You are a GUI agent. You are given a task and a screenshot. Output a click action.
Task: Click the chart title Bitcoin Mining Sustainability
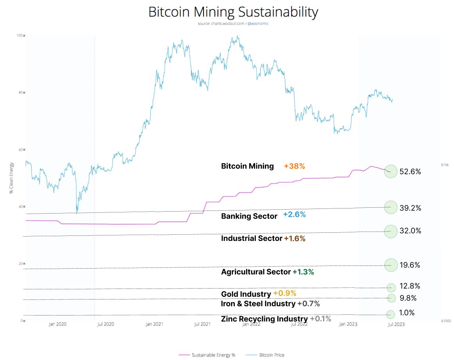(x=233, y=12)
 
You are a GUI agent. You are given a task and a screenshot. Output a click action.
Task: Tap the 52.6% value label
(x=410, y=172)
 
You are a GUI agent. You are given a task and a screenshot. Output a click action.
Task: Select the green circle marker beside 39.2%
(x=391, y=207)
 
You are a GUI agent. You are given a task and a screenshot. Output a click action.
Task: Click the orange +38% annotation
(x=294, y=166)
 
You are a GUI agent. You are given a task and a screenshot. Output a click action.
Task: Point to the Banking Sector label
(x=249, y=216)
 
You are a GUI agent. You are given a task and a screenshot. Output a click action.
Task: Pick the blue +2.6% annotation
(x=294, y=214)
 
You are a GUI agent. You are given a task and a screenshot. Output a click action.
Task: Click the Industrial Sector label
(x=252, y=239)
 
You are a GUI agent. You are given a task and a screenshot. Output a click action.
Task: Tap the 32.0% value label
(x=410, y=231)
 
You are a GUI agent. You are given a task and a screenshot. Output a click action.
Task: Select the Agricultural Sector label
(x=256, y=272)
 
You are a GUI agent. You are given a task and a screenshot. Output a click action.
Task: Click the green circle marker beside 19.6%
(x=391, y=265)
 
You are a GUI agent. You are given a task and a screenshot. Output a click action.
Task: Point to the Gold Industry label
(x=246, y=294)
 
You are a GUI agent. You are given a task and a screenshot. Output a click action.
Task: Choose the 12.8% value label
(x=410, y=286)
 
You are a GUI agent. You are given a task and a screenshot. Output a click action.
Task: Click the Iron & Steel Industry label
(x=258, y=303)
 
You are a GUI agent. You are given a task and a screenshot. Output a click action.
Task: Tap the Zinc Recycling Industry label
(x=265, y=319)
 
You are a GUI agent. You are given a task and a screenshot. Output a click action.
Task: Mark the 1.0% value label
(x=407, y=312)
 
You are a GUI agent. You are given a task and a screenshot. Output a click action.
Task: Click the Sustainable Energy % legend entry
(x=207, y=355)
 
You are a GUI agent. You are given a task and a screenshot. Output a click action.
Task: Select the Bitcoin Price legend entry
(x=265, y=355)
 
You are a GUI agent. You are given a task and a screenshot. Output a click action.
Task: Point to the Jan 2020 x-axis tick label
(x=57, y=324)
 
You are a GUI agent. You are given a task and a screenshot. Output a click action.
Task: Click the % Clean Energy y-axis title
(x=11, y=178)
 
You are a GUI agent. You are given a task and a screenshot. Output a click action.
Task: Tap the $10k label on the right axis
(x=445, y=165)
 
